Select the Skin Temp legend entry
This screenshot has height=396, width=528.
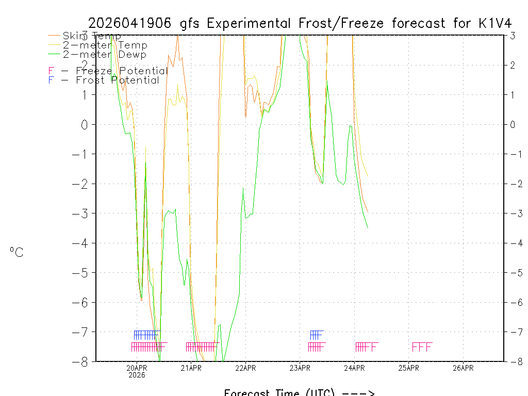point(92,36)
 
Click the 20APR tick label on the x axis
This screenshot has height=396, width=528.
point(137,368)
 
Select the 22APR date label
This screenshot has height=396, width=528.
point(245,368)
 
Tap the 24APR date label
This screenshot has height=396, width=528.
point(354,368)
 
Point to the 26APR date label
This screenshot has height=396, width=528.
point(463,368)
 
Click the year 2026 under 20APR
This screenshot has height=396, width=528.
point(137,375)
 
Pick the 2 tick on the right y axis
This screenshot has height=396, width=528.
point(513,65)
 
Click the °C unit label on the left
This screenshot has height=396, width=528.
point(16,253)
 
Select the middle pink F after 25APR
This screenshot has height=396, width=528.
point(422,347)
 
